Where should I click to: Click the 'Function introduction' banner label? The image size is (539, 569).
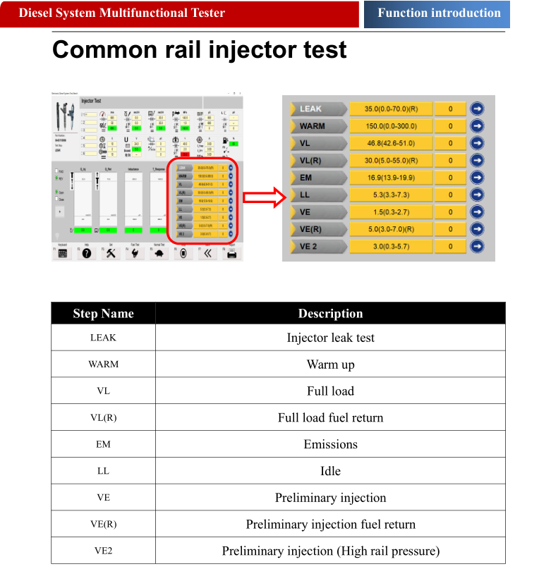tap(439, 13)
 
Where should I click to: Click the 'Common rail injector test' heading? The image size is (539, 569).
tap(200, 50)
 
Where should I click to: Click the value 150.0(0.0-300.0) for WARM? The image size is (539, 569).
tap(390, 126)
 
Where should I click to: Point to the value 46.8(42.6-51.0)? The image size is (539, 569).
tap(390, 143)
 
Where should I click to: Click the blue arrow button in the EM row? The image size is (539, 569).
tap(478, 178)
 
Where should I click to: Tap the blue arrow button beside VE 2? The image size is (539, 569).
tap(478, 246)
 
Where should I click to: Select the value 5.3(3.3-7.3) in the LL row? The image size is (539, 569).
tap(390, 195)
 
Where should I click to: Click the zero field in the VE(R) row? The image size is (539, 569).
tap(450, 229)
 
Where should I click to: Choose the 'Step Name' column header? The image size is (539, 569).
tap(103, 314)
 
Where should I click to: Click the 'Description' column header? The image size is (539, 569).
tap(330, 314)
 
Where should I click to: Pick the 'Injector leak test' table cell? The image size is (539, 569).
tap(330, 338)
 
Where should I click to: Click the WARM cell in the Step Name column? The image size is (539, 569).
tap(103, 365)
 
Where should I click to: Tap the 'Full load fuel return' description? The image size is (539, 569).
tap(330, 417)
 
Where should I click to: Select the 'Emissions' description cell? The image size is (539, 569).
tap(330, 444)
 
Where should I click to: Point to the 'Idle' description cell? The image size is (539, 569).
tap(330, 471)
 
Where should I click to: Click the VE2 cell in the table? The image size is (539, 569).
tap(103, 551)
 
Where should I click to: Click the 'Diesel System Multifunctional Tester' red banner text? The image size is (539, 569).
tap(122, 13)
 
